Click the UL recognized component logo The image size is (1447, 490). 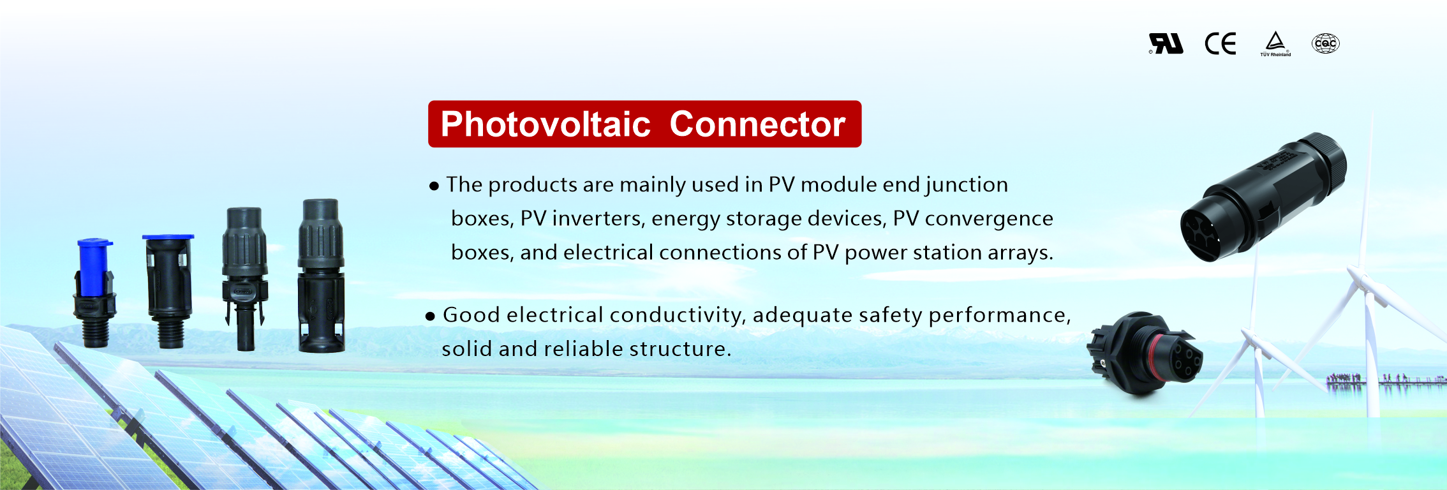pos(1166,43)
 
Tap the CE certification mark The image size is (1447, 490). pos(1221,43)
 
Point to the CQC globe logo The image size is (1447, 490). pos(1326,43)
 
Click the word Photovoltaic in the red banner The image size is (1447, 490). pos(545,124)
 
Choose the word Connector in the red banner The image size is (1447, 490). pos(757,124)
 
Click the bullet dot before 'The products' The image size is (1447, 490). pos(434,186)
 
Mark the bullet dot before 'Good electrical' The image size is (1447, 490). pos(431,316)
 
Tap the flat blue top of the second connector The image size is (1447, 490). pos(168,237)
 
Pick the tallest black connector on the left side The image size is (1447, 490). pos(322,276)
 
